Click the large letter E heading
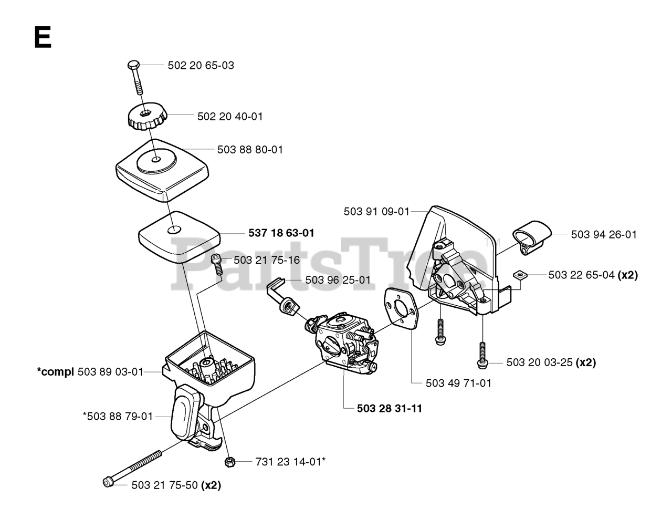tap(43, 38)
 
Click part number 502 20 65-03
tap(201, 66)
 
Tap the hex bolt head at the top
tap(132, 65)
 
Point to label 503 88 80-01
tap(250, 150)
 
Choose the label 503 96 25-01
tap(338, 280)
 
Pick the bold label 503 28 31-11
tap(382, 408)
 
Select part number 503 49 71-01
tap(458, 383)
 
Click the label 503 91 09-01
tap(376, 211)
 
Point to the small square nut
tap(518, 274)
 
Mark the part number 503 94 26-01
tap(604, 234)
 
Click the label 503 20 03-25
tap(540, 362)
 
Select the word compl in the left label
tap(55, 372)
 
